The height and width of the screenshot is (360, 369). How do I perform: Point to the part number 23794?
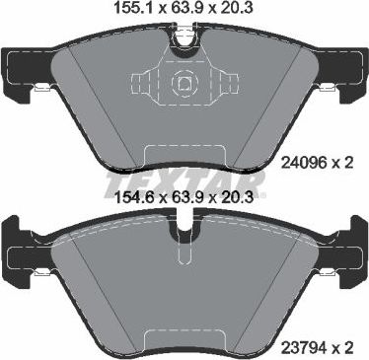click(303, 345)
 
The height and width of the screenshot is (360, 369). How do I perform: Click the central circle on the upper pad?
click(184, 84)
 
